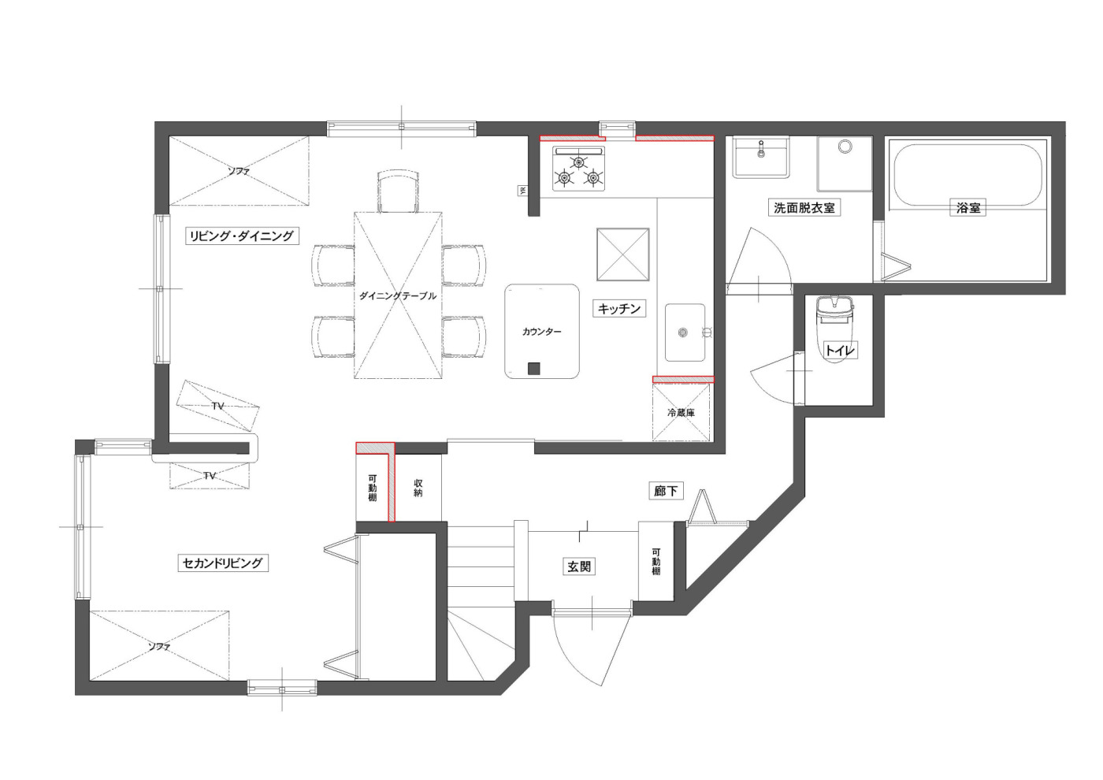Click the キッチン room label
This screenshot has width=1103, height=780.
pos(619,309)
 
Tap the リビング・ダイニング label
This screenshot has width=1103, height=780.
pos(242,236)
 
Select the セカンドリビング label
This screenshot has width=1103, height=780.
pos(222,563)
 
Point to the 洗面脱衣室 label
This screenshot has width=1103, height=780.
pos(804,207)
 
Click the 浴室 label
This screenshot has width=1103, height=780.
pos(968,208)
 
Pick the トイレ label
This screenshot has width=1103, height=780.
pos(840,350)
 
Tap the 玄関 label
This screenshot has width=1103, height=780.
pos(579,566)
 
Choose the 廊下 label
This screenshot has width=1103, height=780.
pos(666,490)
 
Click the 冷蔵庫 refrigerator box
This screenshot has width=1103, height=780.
pos(681,412)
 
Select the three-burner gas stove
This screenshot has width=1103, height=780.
pos(578,169)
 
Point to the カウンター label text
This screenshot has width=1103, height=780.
pos(542,332)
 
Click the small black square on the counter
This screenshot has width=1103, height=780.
pos(534,369)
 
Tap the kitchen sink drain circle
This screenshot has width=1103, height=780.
pos(682,332)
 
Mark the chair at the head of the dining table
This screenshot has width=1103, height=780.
pos(399,191)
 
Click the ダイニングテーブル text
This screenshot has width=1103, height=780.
pos(398,296)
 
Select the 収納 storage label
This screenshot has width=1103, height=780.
pos(418,488)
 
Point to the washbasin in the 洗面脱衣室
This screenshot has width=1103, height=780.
pos(761,157)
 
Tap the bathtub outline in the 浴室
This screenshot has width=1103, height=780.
pos(967,175)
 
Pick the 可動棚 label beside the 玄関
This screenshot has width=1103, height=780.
pos(655,561)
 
